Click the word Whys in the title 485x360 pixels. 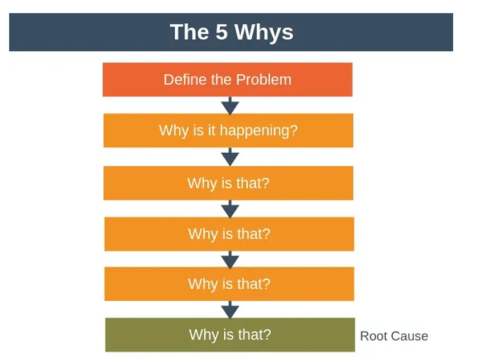point(264,32)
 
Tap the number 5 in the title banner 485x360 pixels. point(219,32)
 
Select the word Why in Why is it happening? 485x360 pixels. point(171,130)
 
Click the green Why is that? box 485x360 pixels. point(230,334)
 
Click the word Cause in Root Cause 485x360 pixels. point(409,336)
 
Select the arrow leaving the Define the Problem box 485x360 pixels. point(229,105)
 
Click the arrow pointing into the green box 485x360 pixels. point(230,309)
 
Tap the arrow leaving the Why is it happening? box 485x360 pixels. point(229,157)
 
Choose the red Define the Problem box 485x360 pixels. point(227,79)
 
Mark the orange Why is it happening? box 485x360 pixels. point(228,130)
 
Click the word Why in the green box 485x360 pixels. point(202,334)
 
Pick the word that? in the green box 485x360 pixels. point(254,334)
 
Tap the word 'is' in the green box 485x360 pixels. point(225,334)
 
